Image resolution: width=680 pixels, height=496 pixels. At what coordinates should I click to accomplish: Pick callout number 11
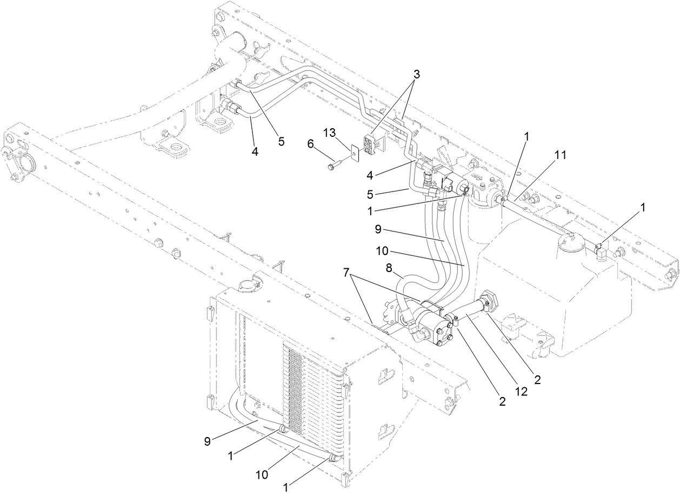[560, 155]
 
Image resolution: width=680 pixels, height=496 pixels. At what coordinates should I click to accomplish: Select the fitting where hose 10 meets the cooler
[334, 459]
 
